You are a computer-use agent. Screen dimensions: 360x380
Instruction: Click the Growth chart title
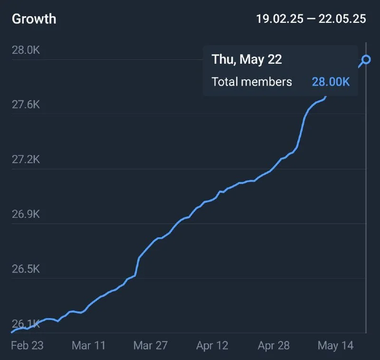point(34,19)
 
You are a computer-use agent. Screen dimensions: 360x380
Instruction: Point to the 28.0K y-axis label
point(26,50)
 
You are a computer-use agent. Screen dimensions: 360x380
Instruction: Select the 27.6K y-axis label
point(26,105)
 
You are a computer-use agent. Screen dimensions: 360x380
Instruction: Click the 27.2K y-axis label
point(26,159)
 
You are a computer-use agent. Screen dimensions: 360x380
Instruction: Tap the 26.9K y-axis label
point(26,214)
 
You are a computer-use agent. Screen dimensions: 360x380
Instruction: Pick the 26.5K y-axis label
point(26,269)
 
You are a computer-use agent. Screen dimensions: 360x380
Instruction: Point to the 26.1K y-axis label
point(26,324)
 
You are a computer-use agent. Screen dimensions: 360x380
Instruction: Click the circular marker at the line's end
point(366,60)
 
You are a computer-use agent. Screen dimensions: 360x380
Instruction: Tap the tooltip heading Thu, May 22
point(247,59)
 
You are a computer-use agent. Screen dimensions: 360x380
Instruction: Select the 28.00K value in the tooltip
point(331,82)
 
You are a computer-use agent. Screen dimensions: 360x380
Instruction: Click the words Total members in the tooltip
point(252,82)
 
